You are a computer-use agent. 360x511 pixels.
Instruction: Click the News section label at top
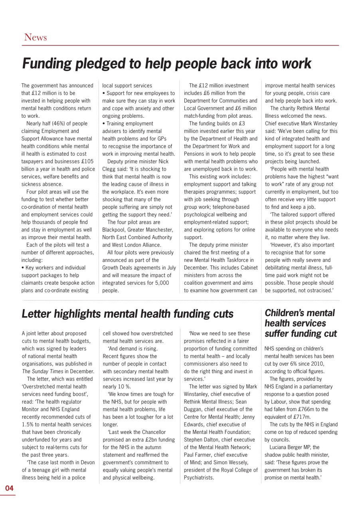35,38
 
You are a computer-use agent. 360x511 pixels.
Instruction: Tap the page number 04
9,488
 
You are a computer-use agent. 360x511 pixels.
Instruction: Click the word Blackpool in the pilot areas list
116,230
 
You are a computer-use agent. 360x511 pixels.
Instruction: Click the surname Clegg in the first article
110,169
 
